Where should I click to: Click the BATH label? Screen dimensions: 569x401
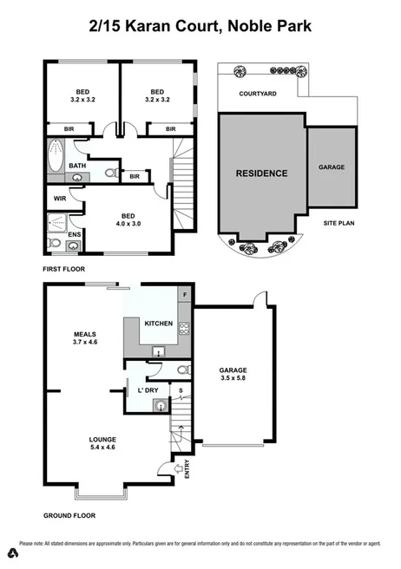pyautogui.click(x=77, y=166)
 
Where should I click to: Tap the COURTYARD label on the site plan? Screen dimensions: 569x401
pyautogui.click(x=259, y=94)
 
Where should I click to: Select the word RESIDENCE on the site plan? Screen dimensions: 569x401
pyautogui.click(x=261, y=173)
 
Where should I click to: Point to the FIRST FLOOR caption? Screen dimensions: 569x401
pyautogui.click(x=67, y=270)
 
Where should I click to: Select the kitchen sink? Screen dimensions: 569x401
pyautogui.click(x=158, y=350)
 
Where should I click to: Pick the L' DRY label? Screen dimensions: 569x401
pyautogui.click(x=149, y=389)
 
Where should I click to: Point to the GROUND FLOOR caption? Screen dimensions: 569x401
pyautogui.click(x=70, y=515)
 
